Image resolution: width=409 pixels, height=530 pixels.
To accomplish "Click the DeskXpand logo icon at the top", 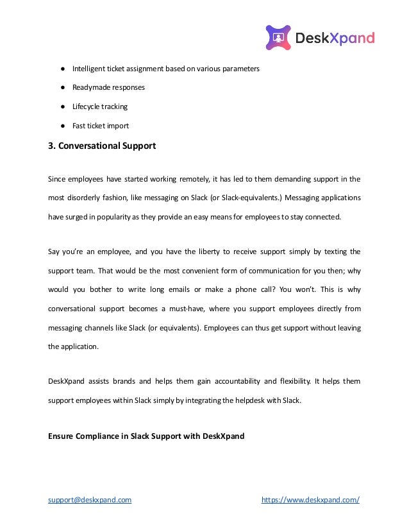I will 278,38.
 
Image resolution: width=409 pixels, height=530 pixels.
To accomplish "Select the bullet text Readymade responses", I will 108,87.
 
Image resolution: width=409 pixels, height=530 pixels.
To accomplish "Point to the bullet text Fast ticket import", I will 101,126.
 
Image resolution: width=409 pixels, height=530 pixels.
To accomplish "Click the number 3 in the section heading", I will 51,146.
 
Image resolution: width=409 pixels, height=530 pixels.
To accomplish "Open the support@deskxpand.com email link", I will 90,500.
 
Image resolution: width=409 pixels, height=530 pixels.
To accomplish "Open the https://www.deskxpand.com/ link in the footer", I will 311,500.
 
